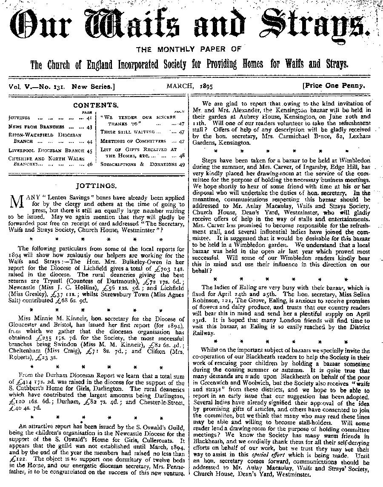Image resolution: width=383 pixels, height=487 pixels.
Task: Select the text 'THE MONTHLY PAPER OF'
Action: [191, 50]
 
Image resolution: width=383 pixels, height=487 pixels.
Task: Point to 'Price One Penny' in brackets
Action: [334, 85]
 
